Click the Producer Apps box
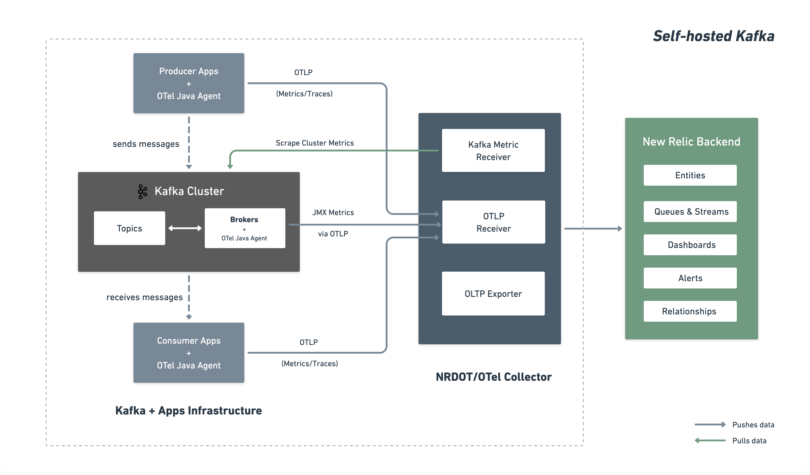[x=189, y=83]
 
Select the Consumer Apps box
[x=189, y=353]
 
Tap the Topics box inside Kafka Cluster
[x=129, y=228]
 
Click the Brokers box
[x=245, y=228]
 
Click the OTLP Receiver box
[x=493, y=222]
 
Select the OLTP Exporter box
[x=493, y=294]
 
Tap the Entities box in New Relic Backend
[x=690, y=175]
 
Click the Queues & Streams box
[x=690, y=211]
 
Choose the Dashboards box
[x=690, y=245]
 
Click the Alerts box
[x=690, y=278]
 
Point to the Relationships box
[x=690, y=311]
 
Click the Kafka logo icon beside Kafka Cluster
[x=142, y=191]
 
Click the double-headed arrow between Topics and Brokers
[x=185, y=228]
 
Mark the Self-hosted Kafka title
[x=713, y=36]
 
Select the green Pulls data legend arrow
[x=710, y=440]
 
